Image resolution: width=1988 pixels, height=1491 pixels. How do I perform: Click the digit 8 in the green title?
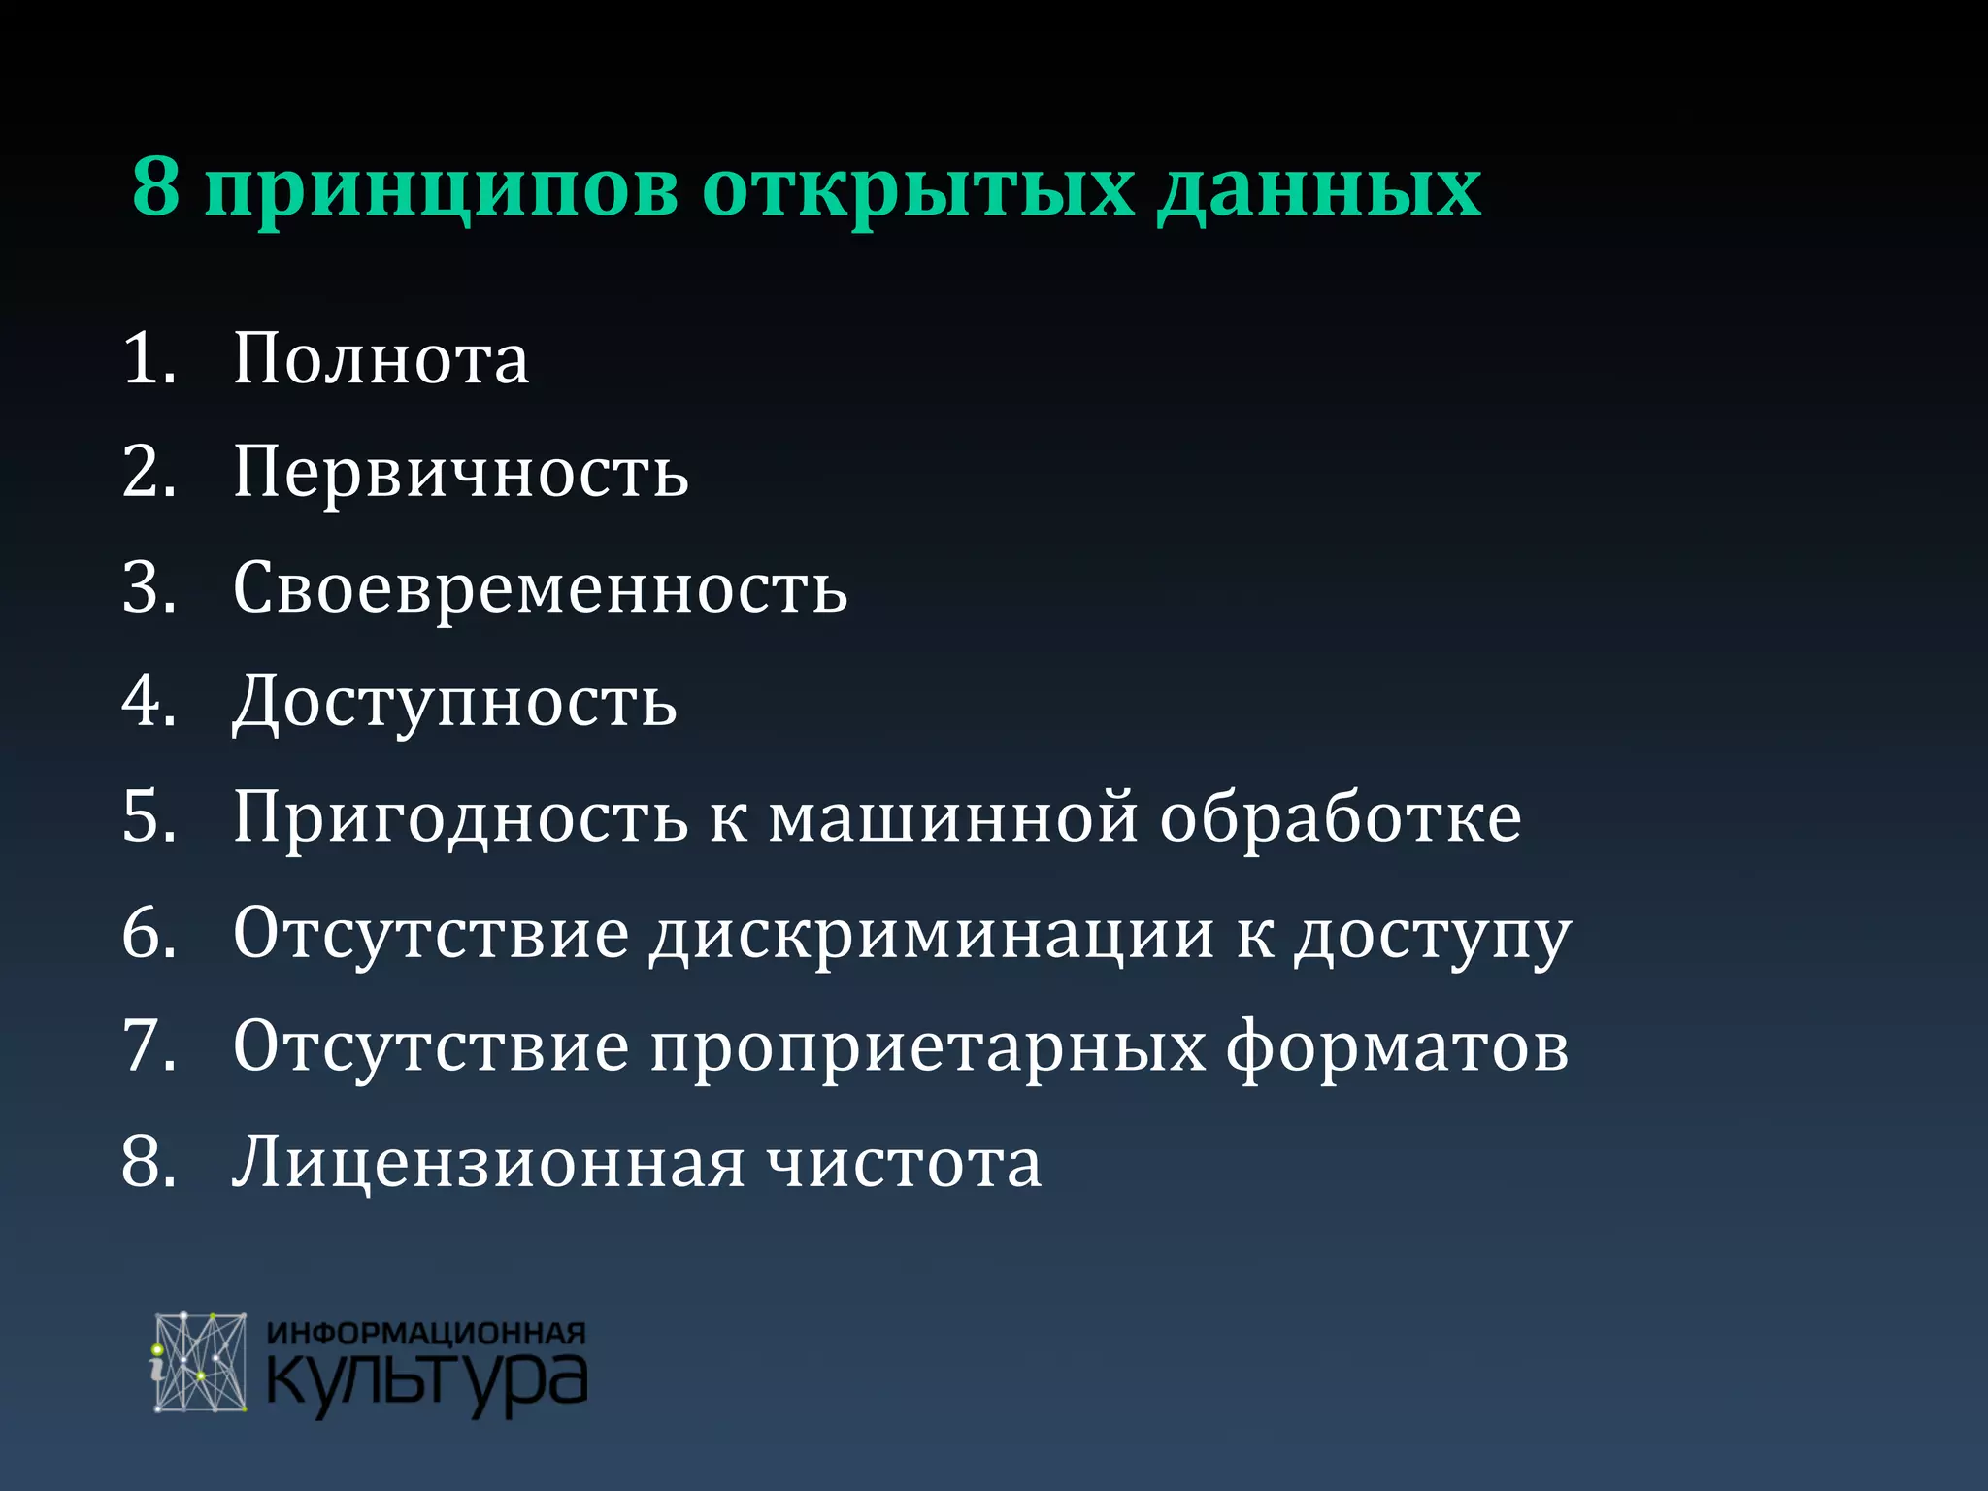click(156, 185)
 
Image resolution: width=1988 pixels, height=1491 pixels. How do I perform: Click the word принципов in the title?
click(442, 190)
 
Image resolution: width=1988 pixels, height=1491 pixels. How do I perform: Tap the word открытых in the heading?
click(917, 190)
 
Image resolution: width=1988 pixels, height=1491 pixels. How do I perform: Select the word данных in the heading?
click(1319, 190)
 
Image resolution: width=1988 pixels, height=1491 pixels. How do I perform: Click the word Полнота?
click(381, 359)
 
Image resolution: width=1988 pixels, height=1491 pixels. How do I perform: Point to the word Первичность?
click(461, 474)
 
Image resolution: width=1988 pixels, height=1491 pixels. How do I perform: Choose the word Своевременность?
click(541, 588)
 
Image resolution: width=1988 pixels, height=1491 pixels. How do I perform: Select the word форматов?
click(1397, 1047)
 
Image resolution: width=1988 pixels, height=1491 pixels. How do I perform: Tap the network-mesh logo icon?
click(200, 1363)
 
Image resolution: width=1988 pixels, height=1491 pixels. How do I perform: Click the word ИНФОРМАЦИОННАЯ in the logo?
click(426, 1333)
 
